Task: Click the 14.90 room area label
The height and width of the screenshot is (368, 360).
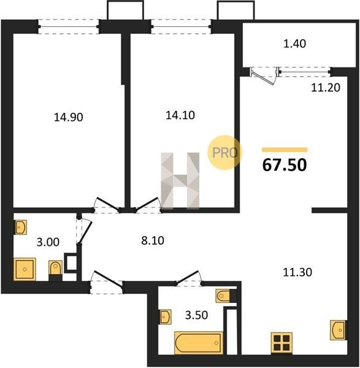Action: (68, 117)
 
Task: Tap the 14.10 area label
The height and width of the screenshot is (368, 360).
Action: (180, 115)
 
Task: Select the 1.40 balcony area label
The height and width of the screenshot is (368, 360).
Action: (294, 44)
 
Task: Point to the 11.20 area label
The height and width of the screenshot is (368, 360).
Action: (326, 88)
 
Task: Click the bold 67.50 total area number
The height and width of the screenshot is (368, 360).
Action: (285, 165)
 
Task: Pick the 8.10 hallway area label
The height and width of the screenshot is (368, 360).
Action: (153, 240)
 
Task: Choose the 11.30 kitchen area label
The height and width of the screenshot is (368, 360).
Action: (297, 272)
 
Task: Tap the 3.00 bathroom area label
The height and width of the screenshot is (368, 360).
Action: (48, 242)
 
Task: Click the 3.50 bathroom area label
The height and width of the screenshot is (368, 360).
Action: (196, 315)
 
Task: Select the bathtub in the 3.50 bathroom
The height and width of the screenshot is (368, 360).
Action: (199, 343)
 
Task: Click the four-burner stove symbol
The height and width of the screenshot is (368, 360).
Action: (281, 343)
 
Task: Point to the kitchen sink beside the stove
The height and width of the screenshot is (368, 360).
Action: (339, 330)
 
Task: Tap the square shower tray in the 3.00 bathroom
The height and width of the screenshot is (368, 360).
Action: (25, 269)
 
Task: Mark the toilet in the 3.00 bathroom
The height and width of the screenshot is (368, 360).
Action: (55, 270)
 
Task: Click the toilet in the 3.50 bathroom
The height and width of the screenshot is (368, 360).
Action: (226, 296)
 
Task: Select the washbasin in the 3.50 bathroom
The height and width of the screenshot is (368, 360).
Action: (165, 317)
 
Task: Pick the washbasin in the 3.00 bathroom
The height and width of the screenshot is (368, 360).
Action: (20, 227)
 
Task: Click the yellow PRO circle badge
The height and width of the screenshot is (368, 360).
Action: (224, 153)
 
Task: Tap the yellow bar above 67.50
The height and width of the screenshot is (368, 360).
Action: (285, 150)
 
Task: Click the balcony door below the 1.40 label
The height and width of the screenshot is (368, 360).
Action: (263, 75)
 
